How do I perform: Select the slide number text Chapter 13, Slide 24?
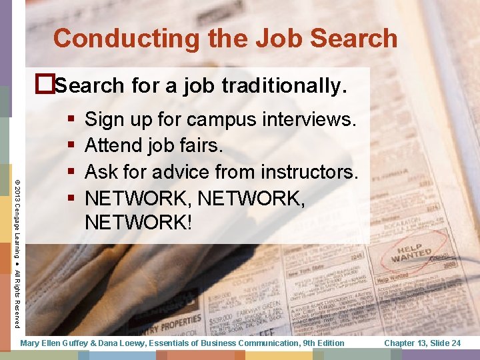423,343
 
